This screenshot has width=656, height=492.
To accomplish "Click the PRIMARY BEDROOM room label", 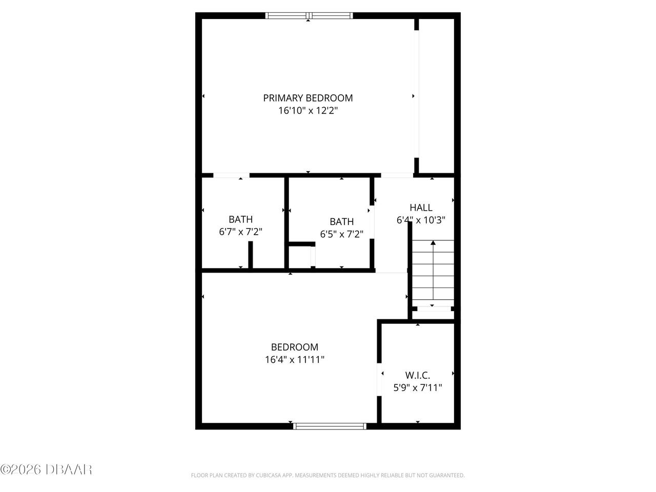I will click(308, 98).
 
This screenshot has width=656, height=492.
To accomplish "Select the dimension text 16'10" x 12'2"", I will click(308, 111).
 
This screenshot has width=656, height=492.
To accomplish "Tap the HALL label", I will click(421, 208).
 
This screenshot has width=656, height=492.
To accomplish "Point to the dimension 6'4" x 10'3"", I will click(421, 220).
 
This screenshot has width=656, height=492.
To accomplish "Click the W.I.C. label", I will click(417, 376).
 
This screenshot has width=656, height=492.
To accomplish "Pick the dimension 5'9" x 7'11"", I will click(417, 388).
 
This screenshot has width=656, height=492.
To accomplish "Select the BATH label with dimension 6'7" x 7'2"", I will click(240, 219).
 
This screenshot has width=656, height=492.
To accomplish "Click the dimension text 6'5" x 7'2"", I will click(341, 234).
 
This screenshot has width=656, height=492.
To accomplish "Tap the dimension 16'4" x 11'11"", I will click(295, 360).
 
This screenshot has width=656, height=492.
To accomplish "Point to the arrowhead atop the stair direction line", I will click(433, 243).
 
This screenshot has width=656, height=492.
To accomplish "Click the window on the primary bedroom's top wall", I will click(309, 16).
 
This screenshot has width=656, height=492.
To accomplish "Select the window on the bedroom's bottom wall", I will click(330, 426).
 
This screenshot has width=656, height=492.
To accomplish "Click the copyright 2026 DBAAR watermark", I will click(46, 469).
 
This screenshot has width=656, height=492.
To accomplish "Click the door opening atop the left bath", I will click(231, 176).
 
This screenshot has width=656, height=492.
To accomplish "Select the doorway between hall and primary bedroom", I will click(397, 176).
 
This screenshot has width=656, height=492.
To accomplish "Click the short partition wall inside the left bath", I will click(251, 255).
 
